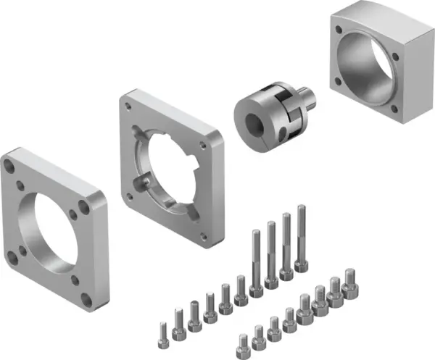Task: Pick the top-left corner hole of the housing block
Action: pyautogui.click(x=339, y=27)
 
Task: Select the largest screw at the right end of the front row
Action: pyautogui.click(x=350, y=283)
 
